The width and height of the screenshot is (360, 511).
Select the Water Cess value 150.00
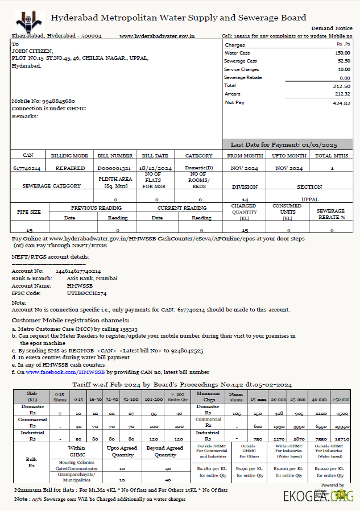point(342,52)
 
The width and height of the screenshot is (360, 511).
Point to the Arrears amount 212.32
point(342,94)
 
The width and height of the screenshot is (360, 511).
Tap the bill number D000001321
point(114,168)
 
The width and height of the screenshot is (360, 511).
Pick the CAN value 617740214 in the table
point(26,168)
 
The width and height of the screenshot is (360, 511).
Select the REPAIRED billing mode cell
point(70,168)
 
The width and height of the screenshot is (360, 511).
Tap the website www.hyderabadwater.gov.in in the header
point(157,36)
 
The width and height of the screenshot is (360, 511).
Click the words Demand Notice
point(332,28)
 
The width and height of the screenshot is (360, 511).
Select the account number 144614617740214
point(78,271)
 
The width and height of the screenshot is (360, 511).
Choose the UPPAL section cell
point(309,200)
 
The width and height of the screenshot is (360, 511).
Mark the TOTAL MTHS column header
point(331,155)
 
